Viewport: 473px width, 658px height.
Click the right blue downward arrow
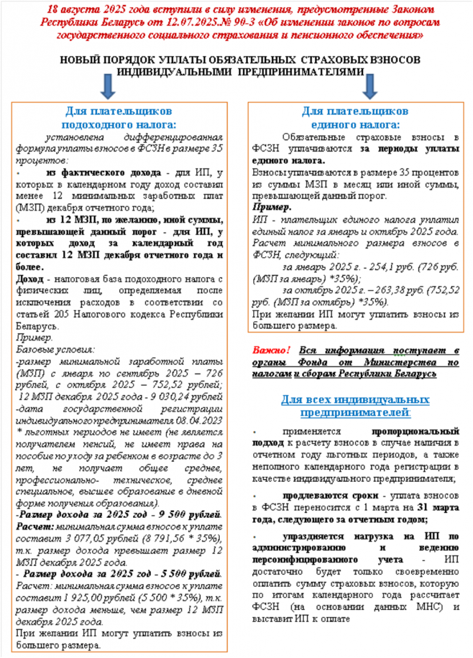(368, 84)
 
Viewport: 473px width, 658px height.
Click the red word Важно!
(271, 350)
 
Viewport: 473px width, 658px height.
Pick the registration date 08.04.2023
(201, 419)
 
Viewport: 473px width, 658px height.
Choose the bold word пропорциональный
(415, 432)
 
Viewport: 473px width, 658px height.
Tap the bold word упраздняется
(317, 536)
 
